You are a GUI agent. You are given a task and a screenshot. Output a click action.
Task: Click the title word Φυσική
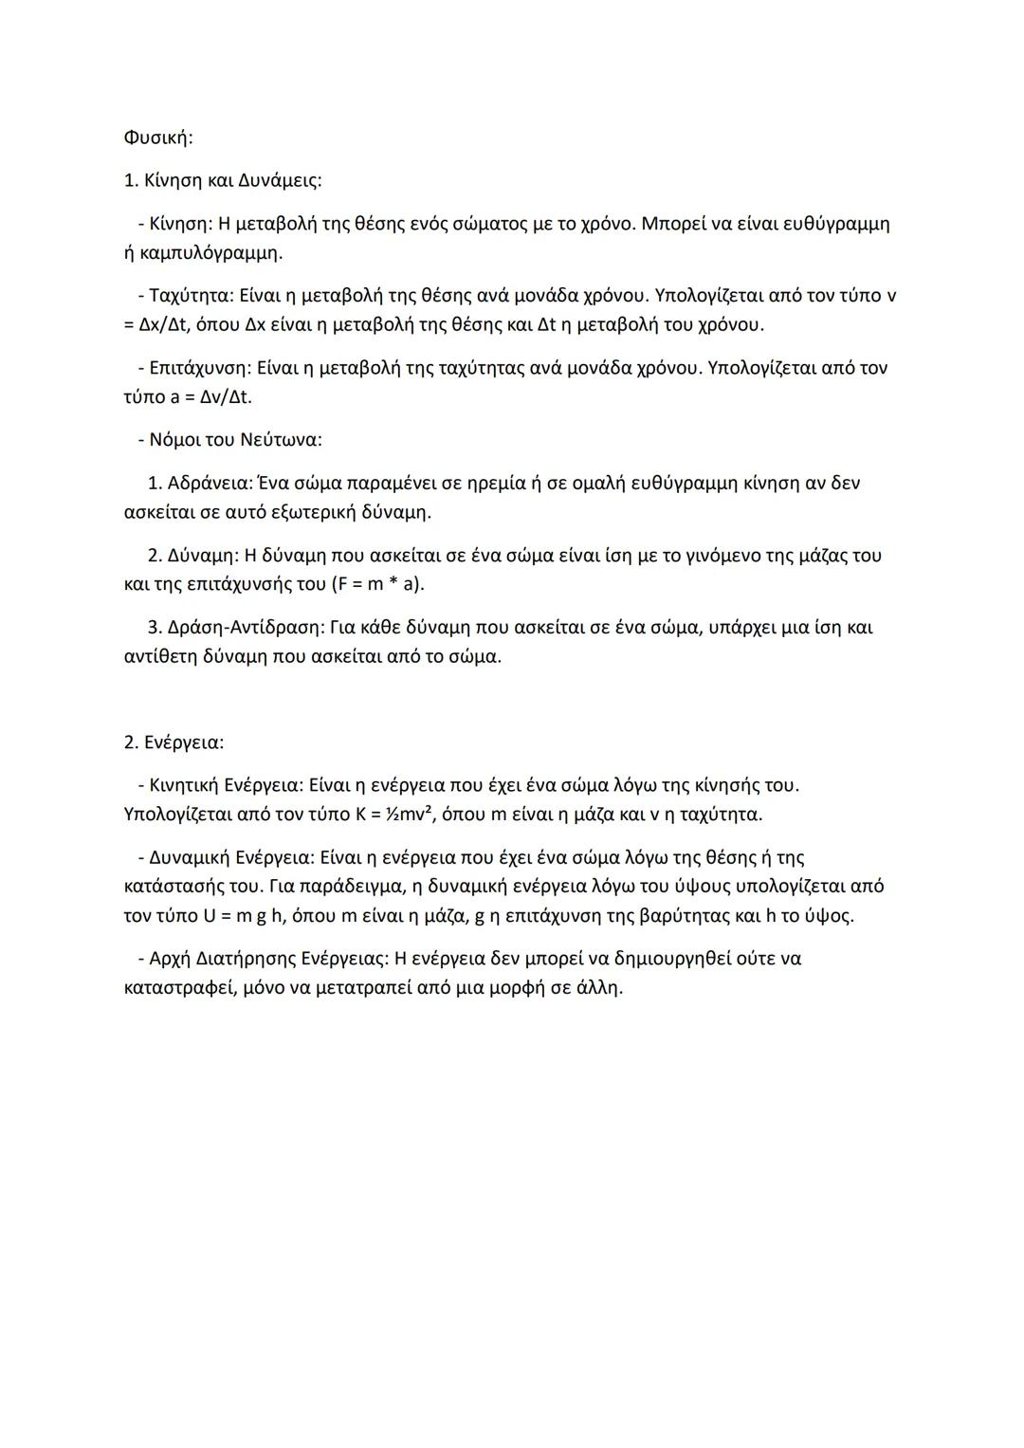(157, 137)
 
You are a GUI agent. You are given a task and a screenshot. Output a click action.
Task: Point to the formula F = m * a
(376, 584)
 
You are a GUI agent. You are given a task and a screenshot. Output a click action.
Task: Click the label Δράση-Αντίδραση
(246, 627)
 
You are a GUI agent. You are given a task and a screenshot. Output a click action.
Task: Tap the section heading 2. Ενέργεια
(174, 742)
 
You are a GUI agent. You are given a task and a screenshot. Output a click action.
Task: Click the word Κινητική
(184, 785)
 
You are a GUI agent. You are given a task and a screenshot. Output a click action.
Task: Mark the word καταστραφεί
(179, 987)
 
